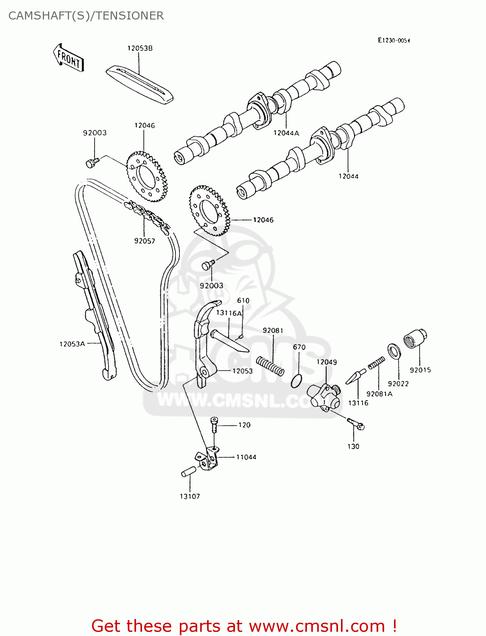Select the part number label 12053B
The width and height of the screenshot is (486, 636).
click(x=140, y=48)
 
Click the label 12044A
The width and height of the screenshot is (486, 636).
click(x=286, y=133)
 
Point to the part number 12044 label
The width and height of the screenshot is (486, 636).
click(x=348, y=176)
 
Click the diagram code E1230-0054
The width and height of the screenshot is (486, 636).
click(x=394, y=41)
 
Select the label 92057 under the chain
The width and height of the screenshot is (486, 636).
click(x=145, y=241)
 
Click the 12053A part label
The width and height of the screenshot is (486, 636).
click(x=72, y=344)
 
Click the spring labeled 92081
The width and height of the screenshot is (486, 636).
click(x=270, y=365)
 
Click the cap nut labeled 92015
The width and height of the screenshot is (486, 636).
click(x=415, y=339)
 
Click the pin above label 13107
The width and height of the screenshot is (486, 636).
click(x=188, y=471)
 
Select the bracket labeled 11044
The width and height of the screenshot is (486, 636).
click(x=209, y=460)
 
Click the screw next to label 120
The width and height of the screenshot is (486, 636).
click(x=214, y=424)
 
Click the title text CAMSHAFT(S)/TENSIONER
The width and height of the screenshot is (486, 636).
click(x=86, y=16)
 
